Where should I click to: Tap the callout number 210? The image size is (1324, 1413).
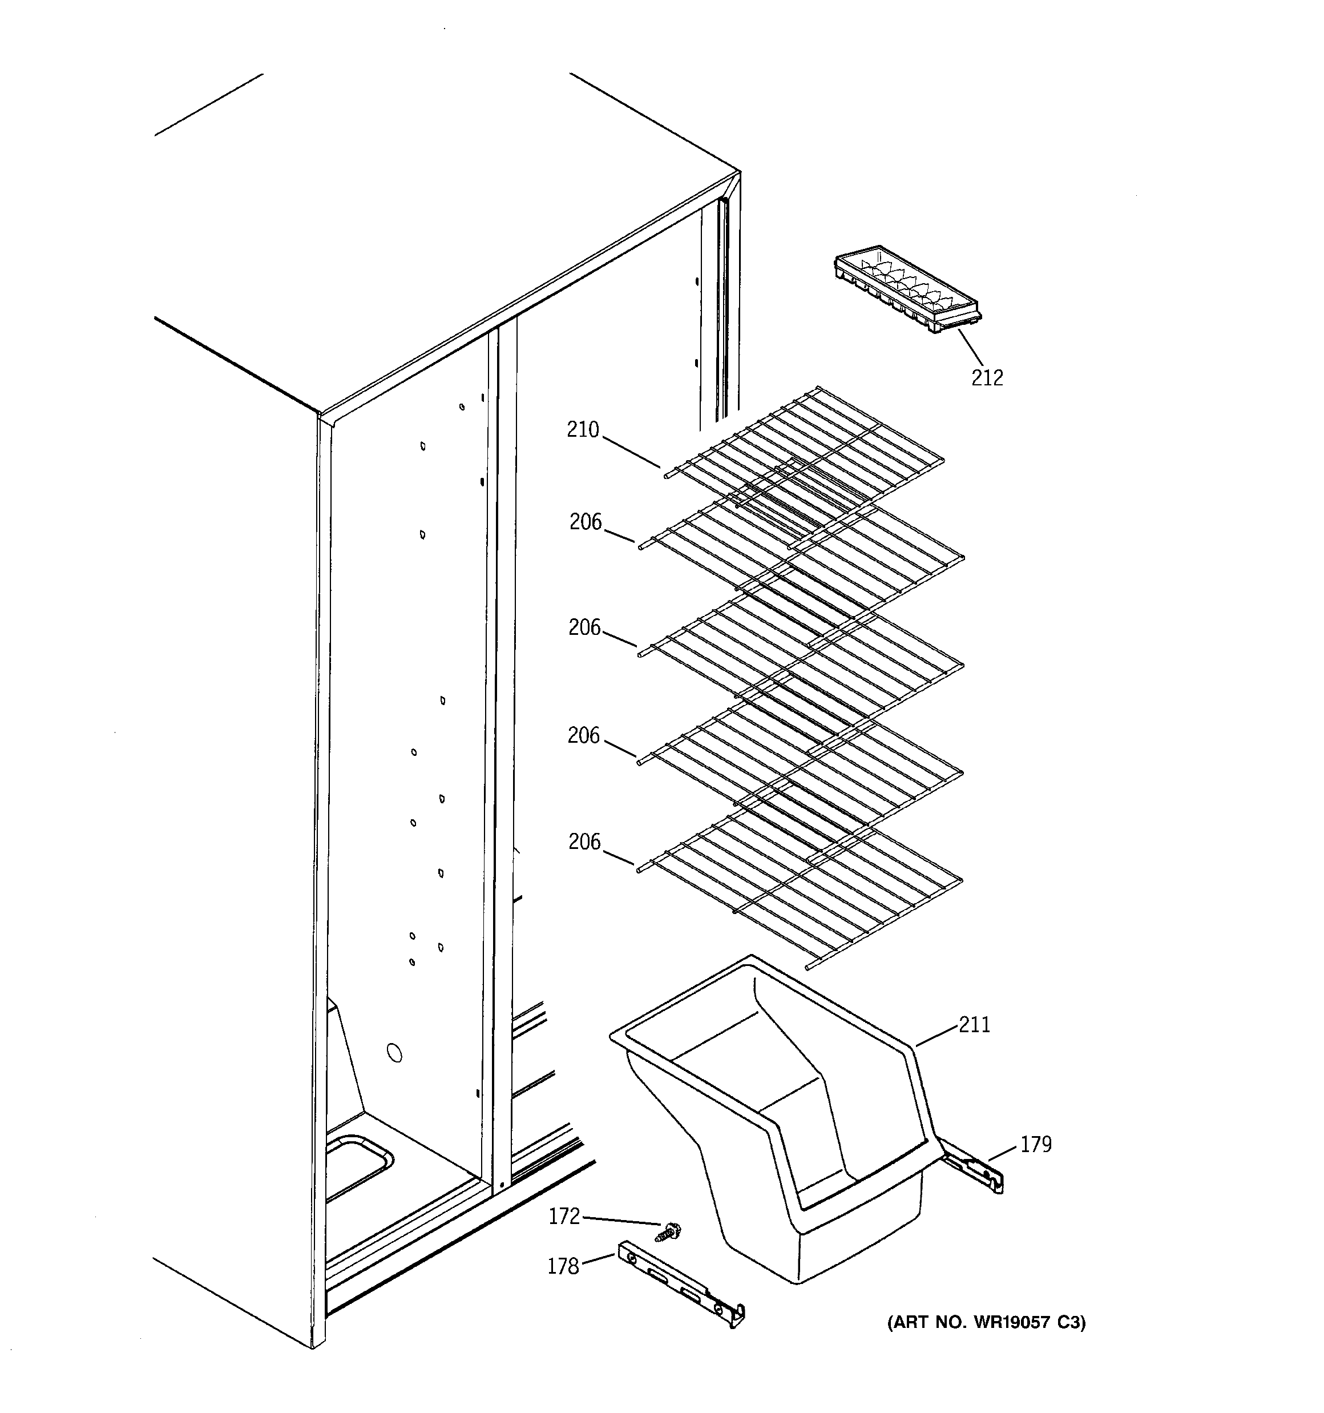pyautogui.click(x=583, y=430)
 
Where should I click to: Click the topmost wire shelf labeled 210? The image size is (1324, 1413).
pyautogui.click(x=803, y=455)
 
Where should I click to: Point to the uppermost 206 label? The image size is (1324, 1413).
pyautogui.click(x=586, y=522)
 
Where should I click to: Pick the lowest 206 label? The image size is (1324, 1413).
pyautogui.click(x=584, y=842)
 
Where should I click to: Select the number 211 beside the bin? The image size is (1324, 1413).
pyautogui.click(x=974, y=1025)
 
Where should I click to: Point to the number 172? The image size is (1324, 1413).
pyautogui.click(x=564, y=1217)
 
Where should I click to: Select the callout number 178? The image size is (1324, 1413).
pyautogui.click(x=563, y=1267)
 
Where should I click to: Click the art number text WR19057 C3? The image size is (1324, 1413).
pyautogui.click(x=986, y=1323)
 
